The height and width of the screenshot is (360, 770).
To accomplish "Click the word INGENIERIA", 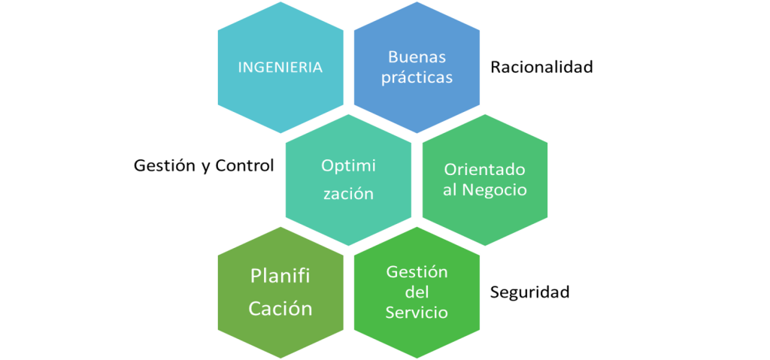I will pos(280,67).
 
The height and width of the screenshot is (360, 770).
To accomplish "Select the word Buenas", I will pos(417,56).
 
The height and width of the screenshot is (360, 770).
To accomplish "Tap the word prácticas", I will pos(417,78).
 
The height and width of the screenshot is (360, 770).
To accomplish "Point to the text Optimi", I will pos(348,165).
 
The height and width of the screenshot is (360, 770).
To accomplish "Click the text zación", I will pos(348,193).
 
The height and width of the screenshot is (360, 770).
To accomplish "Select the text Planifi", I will pos(280,277).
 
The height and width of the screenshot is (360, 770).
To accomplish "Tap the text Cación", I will pos(280,308).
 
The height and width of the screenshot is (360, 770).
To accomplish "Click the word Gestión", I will pos(417,271).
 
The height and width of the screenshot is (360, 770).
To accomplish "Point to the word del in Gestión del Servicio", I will pos(417,292).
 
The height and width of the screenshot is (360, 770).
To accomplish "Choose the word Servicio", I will pos(417,312).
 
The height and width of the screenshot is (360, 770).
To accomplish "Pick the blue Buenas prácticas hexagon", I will pos(417,105).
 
